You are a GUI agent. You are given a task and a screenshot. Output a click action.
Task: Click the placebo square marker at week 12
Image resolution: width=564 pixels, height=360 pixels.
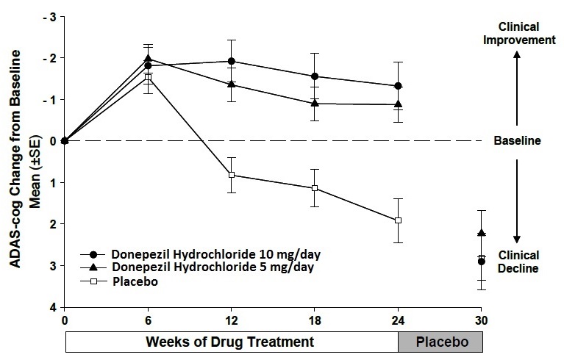(232, 175)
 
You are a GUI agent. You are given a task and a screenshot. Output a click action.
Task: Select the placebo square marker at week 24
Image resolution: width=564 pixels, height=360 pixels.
(399, 220)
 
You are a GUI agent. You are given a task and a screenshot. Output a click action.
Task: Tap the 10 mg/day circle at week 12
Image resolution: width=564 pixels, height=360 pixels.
(232, 61)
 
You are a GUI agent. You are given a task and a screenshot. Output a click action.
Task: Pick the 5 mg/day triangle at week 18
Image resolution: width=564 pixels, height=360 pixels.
(315, 103)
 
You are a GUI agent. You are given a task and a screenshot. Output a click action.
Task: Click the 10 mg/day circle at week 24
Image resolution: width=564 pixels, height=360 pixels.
(399, 86)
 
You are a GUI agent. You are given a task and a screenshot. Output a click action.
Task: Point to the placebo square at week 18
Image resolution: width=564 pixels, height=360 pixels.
(315, 188)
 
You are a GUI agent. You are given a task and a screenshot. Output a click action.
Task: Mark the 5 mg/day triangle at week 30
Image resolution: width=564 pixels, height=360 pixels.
(482, 233)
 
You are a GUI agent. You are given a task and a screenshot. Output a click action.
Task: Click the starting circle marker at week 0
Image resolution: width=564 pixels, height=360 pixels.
(65, 140)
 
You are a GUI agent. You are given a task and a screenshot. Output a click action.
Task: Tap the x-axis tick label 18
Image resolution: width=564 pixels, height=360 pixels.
(315, 321)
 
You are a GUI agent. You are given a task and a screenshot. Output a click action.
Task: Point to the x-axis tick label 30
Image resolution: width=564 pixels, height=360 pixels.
(482, 321)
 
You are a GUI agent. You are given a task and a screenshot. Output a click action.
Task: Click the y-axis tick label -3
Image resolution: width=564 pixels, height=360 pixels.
(50, 16)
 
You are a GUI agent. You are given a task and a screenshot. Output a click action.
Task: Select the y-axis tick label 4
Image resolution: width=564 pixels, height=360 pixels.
(51, 307)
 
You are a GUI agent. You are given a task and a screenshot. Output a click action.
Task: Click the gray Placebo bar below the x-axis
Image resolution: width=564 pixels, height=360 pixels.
(441, 342)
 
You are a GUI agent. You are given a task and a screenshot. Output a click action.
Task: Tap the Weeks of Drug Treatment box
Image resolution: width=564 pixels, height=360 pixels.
(232, 342)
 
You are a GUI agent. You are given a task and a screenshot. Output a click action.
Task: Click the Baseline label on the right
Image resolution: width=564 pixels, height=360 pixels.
(517, 140)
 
